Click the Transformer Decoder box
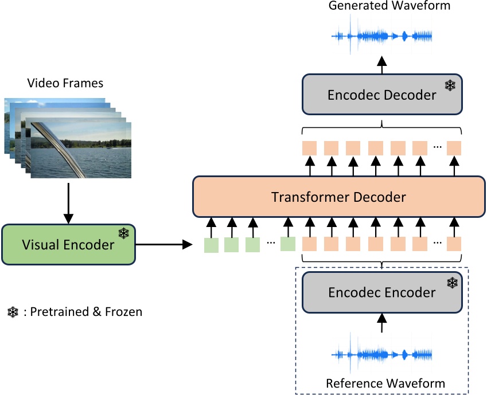tap(338, 197)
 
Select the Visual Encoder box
tap(68, 245)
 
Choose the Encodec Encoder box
tap(382, 292)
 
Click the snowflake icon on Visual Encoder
tap(123, 233)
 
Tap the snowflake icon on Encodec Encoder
tap(453, 282)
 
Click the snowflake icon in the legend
tap(13, 312)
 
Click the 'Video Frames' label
tap(65, 83)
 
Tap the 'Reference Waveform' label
tap(385, 382)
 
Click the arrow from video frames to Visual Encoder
tap(68, 203)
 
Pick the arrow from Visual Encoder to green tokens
tap(164, 245)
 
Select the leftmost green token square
tap(212, 245)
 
